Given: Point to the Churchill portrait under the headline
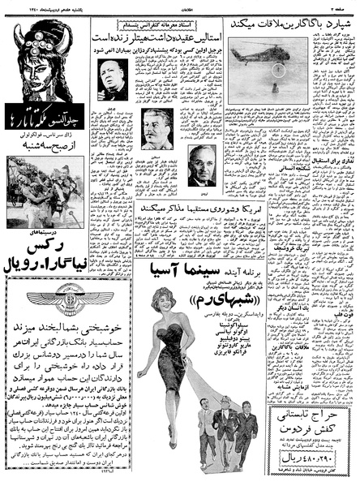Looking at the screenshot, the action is point(112,79).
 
